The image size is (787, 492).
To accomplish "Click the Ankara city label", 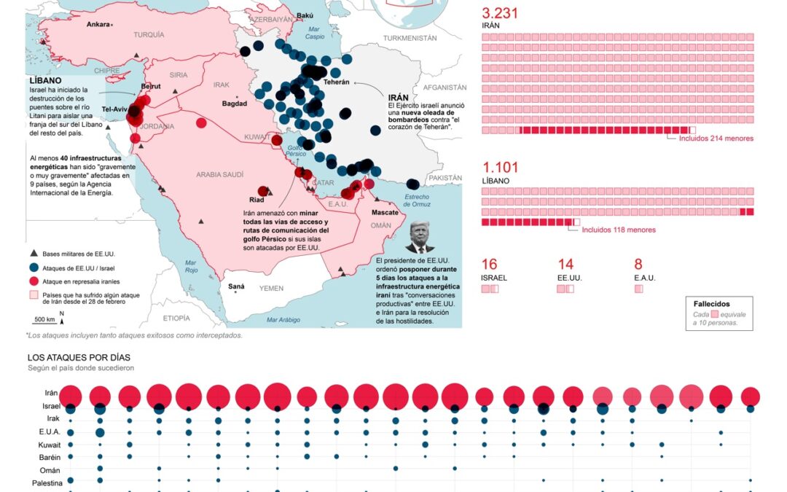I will [98, 24].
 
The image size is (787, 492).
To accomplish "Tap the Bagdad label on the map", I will [234, 104].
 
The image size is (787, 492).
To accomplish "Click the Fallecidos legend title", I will [711, 304].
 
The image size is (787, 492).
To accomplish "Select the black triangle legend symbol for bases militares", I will [34, 254].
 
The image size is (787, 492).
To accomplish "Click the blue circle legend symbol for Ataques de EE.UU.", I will [34, 268].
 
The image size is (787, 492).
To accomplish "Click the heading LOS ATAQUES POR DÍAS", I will [79, 358].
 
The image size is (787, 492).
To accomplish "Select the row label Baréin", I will [44, 457].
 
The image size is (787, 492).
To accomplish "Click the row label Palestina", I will [47, 483].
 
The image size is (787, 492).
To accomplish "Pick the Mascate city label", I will [385, 211].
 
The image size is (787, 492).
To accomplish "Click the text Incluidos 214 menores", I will [716, 138].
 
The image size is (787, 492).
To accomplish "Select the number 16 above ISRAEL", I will [489, 265].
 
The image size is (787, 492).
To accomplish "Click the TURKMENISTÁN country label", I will [410, 38].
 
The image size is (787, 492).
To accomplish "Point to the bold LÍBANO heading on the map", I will [44, 80].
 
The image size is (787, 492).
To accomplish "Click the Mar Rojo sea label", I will [191, 265].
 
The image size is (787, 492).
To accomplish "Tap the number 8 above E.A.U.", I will [638, 265].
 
